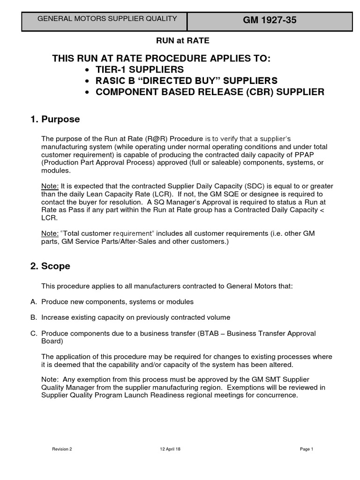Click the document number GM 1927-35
pyautogui.click(x=270, y=20)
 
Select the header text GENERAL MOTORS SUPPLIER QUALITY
pyautogui.click(x=107, y=19)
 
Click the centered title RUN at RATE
pyautogui.click(x=183, y=41)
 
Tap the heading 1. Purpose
pyautogui.click(x=55, y=120)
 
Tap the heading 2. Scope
pyautogui.click(x=50, y=266)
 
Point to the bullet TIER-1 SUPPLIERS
pyautogui.click(x=140, y=69)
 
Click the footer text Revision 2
pyautogui.click(x=62, y=449)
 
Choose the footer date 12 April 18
pyautogui.click(x=170, y=449)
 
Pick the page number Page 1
pyautogui.click(x=306, y=449)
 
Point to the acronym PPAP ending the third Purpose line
pyautogui.click(x=315, y=155)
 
